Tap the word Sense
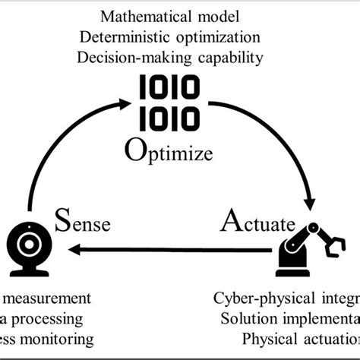pos(84,225)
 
